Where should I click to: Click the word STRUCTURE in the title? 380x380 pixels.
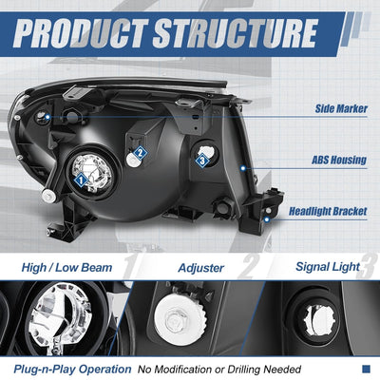point(236,32)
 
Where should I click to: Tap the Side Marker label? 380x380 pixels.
point(341,108)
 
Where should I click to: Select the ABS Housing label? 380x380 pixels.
point(339,160)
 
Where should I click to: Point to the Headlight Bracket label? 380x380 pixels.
point(328,211)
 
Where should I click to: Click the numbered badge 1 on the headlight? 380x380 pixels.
point(82,180)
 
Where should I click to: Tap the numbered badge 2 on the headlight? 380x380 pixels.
point(140,153)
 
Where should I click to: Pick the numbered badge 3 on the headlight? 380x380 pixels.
point(202,161)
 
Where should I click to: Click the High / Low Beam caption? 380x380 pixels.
point(66,268)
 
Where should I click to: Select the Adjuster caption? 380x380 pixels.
point(201,268)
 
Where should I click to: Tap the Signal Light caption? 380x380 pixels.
point(328,267)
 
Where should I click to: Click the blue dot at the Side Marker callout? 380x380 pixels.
point(47,117)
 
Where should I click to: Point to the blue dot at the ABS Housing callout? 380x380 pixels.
point(243,168)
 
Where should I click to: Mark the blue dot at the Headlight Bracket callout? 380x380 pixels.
point(267,219)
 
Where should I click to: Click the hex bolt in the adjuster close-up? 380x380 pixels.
point(177,322)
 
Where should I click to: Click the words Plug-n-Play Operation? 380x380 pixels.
point(72,370)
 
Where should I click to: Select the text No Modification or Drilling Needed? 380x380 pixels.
point(219,370)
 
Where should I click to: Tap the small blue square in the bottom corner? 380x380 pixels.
point(366,369)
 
